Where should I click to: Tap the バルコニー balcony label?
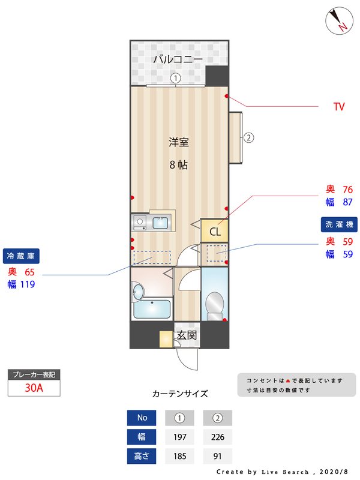pyautogui.click(x=177, y=59)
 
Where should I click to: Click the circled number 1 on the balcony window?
pyautogui.click(x=175, y=77)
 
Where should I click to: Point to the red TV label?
pyautogui.click(x=339, y=107)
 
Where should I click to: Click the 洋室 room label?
pyautogui.click(x=178, y=142)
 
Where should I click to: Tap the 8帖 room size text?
pyautogui.click(x=178, y=164)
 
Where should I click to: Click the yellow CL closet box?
pyautogui.click(x=214, y=230)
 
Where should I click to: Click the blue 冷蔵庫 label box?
pyautogui.click(x=22, y=256)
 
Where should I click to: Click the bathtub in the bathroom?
pyautogui.click(x=152, y=310)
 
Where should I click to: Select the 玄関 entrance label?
pyautogui.click(x=187, y=335)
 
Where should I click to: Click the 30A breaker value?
pyautogui.click(x=34, y=388)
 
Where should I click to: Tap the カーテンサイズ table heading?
pyautogui.click(x=180, y=394)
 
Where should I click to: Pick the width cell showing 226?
pyautogui.click(x=217, y=437)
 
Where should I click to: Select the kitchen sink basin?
pyautogui.click(x=160, y=224)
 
